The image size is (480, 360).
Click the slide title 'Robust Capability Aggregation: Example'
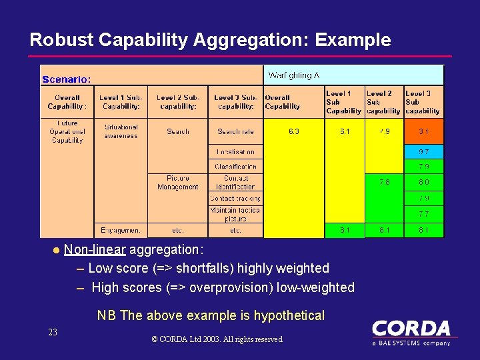pyautogui.click(x=210, y=40)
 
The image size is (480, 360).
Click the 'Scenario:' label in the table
pyautogui.click(x=67, y=79)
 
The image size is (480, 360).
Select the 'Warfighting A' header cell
pyautogui.click(x=293, y=75)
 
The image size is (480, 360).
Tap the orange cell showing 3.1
pyautogui.click(x=423, y=132)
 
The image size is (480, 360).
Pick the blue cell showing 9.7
pyautogui.click(x=423, y=152)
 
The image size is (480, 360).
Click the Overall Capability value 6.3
pyautogui.click(x=293, y=132)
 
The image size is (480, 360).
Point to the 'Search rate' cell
pyautogui.click(x=235, y=132)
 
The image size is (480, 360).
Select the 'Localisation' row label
pyautogui.click(x=235, y=152)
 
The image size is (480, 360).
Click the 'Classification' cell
pyautogui.click(x=235, y=167)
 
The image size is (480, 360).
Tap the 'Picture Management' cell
pyautogui.click(x=177, y=183)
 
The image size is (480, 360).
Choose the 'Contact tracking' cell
pyautogui.click(x=235, y=199)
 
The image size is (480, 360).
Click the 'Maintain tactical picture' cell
pyautogui.click(x=235, y=214)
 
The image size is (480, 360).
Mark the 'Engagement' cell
pyautogui.click(x=121, y=230)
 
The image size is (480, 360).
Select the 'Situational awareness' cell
pyautogui.click(x=121, y=131)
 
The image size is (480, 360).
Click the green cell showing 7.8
pyautogui.click(x=384, y=182)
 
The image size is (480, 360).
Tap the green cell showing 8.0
pyautogui.click(x=423, y=182)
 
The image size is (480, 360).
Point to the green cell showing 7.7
pyautogui.click(x=423, y=214)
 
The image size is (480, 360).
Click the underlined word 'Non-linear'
pyautogui.click(x=95, y=250)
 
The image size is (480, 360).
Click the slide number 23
pyautogui.click(x=53, y=332)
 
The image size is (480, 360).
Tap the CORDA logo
pyautogui.click(x=411, y=332)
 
